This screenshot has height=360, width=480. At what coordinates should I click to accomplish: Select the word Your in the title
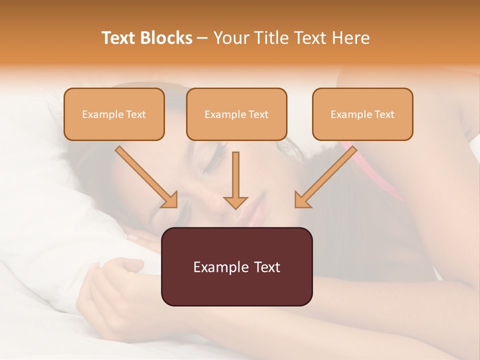[x=231, y=38]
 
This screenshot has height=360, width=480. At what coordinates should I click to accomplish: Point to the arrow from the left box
[x=146, y=177]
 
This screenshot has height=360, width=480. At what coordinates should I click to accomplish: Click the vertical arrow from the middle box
[x=235, y=180]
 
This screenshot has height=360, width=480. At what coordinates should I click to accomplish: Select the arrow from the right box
[x=325, y=177]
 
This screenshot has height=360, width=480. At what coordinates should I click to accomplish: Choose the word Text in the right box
[x=384, y=114]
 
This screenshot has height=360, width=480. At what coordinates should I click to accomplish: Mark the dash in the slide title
[x=202, y=38]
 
